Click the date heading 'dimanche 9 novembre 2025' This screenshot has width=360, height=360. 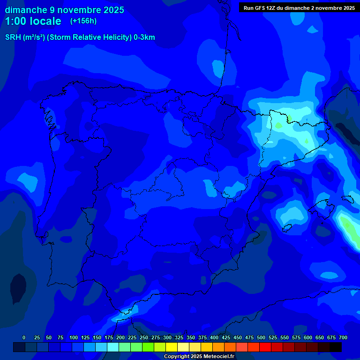click(64, 10)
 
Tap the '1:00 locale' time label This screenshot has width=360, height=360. click(33, 21)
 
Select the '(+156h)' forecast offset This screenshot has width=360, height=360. click(83, 21)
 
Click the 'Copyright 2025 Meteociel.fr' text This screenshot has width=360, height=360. click(199, 357)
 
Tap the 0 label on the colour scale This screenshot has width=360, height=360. click(24, 337)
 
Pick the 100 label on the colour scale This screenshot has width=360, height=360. click(74, 337)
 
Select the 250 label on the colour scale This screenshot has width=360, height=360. click(144, 337)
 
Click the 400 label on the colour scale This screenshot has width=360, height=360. click(214, 337)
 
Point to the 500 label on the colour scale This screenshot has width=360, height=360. click(261, 337)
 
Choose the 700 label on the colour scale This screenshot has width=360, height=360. click(343, 337)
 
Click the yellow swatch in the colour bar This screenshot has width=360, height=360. click(172, 347)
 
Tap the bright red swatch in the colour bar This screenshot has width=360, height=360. click(265, 347)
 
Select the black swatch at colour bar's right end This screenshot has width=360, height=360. click(336, 347)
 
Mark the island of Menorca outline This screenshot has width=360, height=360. click(347, 199)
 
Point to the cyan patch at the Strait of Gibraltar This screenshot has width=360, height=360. click(127, 310)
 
